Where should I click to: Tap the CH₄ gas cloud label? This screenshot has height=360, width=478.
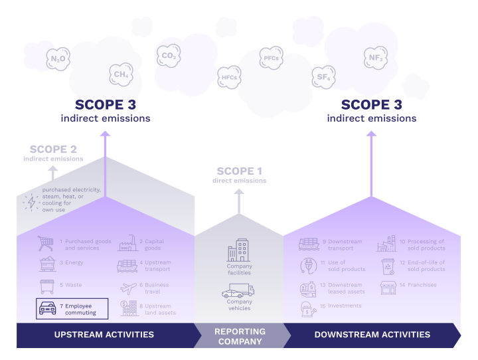pyautogui.click(x=121, y=74)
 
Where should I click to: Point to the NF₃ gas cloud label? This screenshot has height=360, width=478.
pyautogui.click(x=375, y=58)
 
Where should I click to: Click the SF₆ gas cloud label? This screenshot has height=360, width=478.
pyautogui.click(x=324, y=78)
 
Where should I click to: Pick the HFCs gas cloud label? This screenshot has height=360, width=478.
pyautogui.click(x=228, y=78)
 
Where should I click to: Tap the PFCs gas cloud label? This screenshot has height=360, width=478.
pyautogui.click(x=270, y=58)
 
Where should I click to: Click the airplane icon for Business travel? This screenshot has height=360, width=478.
pyautogui.click(x=127, y=288)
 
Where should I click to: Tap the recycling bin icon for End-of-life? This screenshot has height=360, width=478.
pyautogui.click(x=387, y=266)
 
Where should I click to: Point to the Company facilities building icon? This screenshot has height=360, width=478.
pyautogui.click(x=238, y=251)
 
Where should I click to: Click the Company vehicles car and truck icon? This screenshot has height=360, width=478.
pyautogui.click(x=238, y=291)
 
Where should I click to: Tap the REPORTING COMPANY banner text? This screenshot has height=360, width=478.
pyautogui.click(x=240, y=335)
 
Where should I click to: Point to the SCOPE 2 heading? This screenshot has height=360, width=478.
pyautogui.click(x=56, y=149)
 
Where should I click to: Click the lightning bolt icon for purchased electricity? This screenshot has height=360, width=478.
pyautogui.click(x=31, y=201)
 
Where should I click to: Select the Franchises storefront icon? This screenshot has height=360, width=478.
pyautogui.click(x=388, y=288)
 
